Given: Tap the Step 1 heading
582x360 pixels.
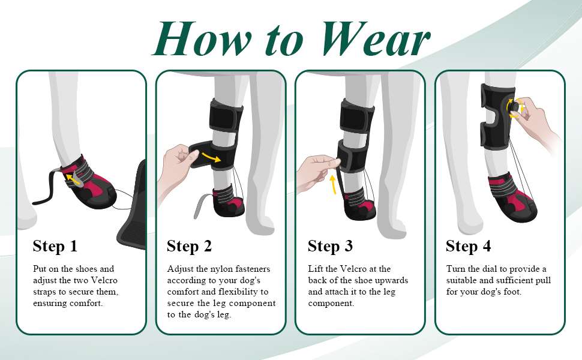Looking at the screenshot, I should (x=55, y=246).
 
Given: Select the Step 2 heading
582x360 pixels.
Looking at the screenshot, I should (x=190, y=246).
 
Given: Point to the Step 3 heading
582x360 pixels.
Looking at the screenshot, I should (x=330, y=246).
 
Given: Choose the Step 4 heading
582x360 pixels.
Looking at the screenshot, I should (x=469, y=246).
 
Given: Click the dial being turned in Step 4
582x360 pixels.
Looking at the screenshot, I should (x=512, y=106).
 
